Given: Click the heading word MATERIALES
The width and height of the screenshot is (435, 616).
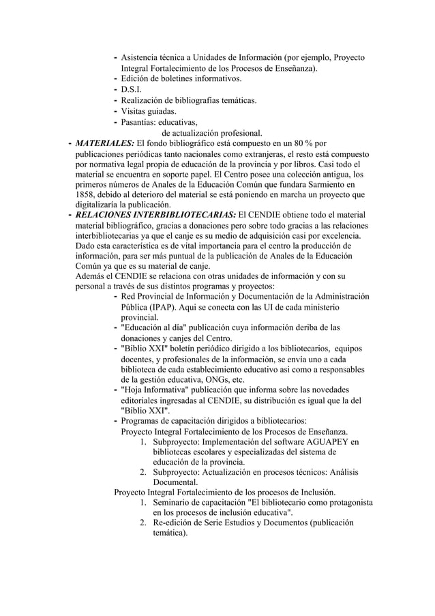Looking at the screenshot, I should coord(104,144).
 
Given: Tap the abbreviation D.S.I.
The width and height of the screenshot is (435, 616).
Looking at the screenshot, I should coord(132,90).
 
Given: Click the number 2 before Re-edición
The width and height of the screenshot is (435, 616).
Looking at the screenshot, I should coord(142,523).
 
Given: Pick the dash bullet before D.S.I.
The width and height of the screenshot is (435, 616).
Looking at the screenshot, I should coord(115,90).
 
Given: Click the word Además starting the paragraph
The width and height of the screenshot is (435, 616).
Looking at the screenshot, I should coord(92,276).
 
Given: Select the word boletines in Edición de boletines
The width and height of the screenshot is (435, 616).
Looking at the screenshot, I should coord(177,79).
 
